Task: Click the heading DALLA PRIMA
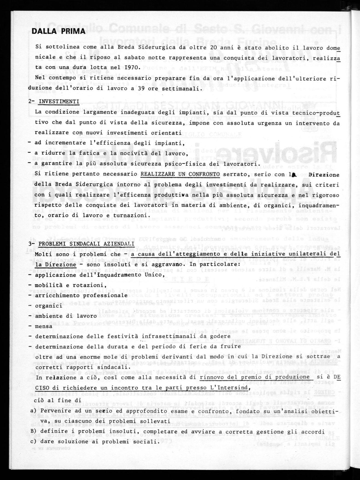click(58, 31)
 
